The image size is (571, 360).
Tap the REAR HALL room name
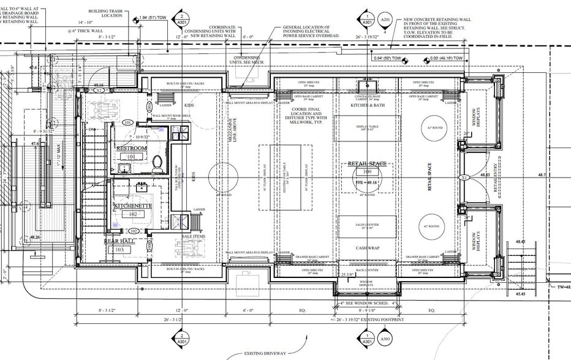click(x=119, y=241)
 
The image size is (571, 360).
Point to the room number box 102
click(x=132, y=215)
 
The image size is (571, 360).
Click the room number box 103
click(x=119, y=250)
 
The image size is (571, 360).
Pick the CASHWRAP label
click(x=367, y=247)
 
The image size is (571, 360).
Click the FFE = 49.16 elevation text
click(x=368, y=182)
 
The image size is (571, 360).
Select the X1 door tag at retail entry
click(x=465, y=178)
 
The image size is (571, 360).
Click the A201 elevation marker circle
click(x=385, y=20)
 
